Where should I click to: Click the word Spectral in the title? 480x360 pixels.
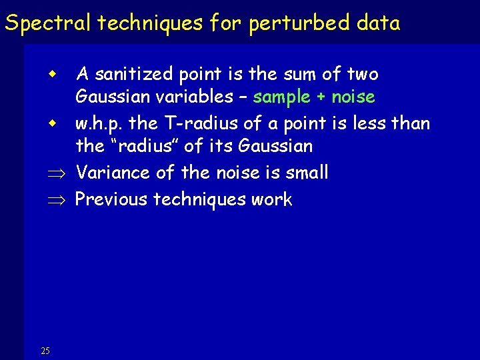(x=48, y=23)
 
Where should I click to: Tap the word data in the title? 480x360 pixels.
(x=378, y=23)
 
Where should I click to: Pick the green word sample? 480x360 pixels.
(x=282, y=97)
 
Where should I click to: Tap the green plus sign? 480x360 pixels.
(x=321, y=97)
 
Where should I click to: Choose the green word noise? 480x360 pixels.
(x=353, y=97)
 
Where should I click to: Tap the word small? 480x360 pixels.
(x=305, y=173)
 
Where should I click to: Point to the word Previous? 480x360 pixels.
(x=111, y=199)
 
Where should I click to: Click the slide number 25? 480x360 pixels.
(x=45, y=351)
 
